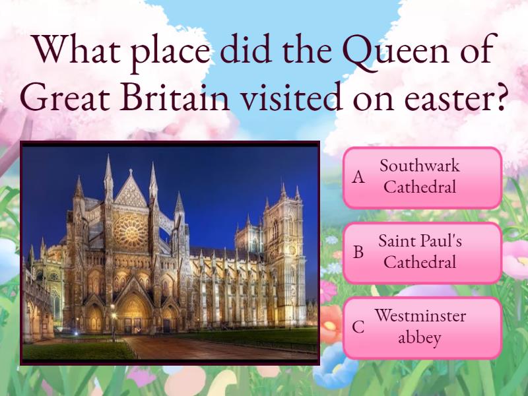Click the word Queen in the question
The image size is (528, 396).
(396, 51)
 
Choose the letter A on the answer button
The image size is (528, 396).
(358, 177)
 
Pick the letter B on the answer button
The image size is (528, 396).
(358, 252)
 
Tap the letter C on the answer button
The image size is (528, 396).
(358, 327)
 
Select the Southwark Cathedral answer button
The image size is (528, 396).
(422, 178)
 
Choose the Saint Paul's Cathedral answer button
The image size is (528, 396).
(422, 253)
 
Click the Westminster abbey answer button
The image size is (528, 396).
(422, 327)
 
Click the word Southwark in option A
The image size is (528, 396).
(420, 166)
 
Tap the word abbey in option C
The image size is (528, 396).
(419, 338)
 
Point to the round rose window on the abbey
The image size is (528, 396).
(131, 232)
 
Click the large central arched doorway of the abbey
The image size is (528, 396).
(133, 312)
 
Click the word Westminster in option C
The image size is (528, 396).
(420, 315)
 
